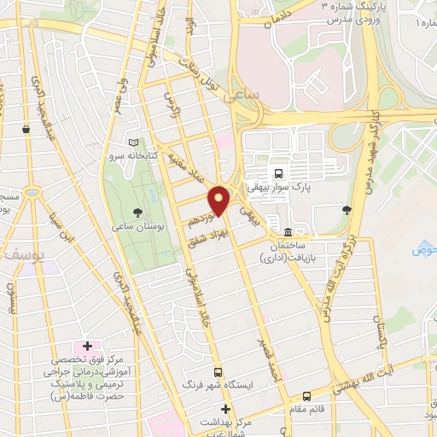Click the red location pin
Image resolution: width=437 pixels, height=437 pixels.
tap(218, 201)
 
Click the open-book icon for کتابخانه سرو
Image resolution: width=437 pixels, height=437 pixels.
tap(131, 144)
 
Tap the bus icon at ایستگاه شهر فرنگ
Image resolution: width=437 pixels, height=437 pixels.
tap(219, 372)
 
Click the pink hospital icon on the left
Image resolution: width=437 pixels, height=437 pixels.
tap(86, 347)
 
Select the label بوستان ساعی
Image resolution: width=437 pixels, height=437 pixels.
tap(137, 228)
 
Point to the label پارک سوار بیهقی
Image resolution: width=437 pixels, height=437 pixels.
tap(279, 184)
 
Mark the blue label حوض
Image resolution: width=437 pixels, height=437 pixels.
tap(424, 249)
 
